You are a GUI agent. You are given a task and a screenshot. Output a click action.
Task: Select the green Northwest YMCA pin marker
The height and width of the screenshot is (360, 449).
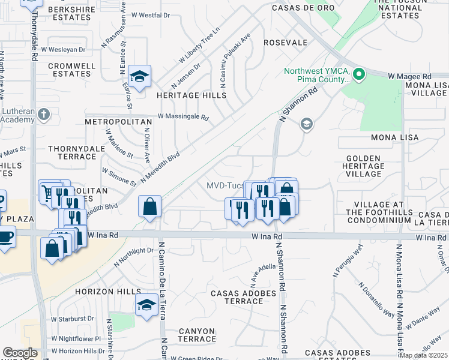359,75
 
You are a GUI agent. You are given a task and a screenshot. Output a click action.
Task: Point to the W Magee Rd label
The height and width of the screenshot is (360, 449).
410,77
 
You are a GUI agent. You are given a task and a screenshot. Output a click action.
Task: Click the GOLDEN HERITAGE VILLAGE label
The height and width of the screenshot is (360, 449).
363,166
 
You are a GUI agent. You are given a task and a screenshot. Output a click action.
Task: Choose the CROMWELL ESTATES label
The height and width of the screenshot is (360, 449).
69,70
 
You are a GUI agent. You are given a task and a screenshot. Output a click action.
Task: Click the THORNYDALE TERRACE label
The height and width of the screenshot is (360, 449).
71,152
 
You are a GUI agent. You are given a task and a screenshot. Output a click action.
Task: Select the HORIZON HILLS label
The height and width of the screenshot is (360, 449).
100,291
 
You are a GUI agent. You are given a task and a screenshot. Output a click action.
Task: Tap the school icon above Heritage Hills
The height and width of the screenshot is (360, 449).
139,77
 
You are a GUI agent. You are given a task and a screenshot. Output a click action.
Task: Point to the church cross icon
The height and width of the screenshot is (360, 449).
43,114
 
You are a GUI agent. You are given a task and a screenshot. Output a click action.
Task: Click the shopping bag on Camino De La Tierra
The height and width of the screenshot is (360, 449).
149,207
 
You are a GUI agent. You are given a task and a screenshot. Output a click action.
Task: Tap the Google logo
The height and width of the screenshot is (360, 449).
20,353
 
